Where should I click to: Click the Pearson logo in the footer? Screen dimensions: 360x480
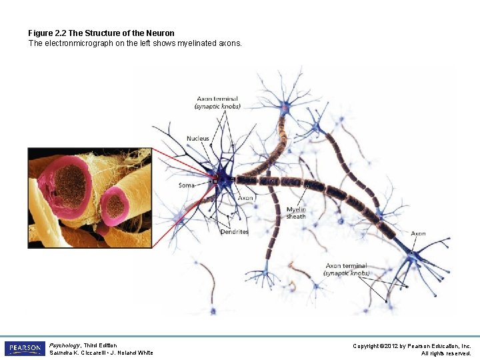coord(25,349)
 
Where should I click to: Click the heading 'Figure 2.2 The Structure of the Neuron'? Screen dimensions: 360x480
coord(101,33)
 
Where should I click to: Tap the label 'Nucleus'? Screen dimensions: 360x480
coord(198,139)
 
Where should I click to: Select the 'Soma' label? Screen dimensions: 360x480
coord(187,185)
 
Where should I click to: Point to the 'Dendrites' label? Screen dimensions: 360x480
coord(234,232)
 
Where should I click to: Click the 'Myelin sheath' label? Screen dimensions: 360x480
coord(296,213)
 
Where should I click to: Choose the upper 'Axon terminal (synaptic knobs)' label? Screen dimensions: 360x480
coord(217,103)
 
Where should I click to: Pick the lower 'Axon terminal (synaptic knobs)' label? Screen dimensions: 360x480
coord(346,269)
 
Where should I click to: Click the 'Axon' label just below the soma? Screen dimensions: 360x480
coord(245,198)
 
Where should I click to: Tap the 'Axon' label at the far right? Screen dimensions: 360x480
coord(418,233)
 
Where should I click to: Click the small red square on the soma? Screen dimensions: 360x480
coord(215,179)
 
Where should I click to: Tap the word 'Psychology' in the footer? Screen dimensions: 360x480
coord(64,345)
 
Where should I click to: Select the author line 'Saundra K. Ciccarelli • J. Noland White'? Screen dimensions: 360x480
coord(101,353)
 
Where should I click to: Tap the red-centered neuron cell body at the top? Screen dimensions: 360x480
coord(285,107)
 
